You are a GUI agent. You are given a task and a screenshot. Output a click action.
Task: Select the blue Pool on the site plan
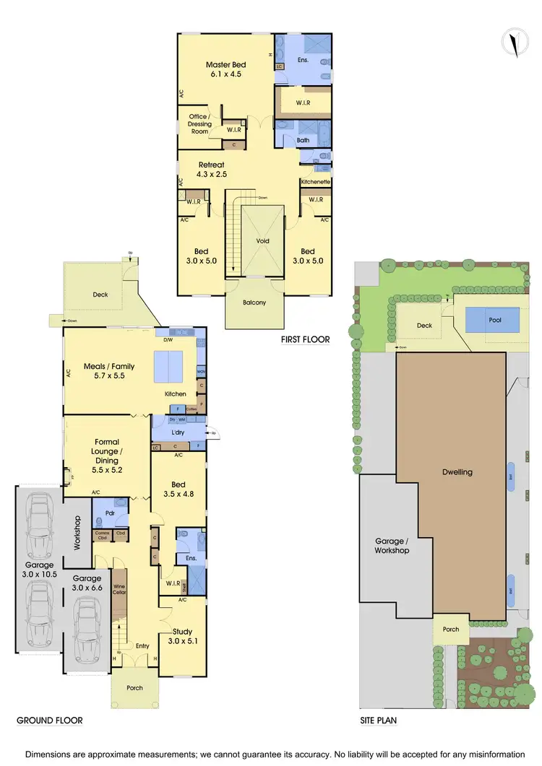point(493,318)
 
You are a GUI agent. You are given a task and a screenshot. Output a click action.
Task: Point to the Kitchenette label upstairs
point(315,182)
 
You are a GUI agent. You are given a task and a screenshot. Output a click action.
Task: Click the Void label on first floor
point(262,241)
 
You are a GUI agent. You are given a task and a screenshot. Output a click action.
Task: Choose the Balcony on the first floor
point(254,303)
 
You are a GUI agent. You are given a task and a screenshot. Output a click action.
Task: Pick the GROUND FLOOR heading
point(50,720)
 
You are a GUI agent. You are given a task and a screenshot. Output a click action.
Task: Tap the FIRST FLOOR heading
point(306,339)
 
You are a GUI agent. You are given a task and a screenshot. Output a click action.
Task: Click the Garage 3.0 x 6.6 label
point(86,583)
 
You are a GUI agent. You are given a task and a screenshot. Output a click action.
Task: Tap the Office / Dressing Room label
point(199,123)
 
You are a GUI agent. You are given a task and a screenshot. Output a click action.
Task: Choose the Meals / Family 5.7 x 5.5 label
point(109,371)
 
